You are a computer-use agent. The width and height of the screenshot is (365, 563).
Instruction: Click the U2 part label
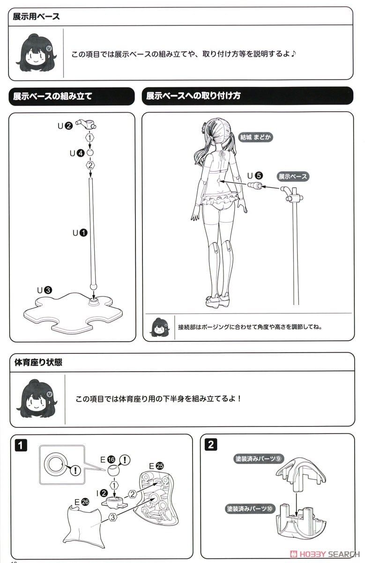tap(65, 125)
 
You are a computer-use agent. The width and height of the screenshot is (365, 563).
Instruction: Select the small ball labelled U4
tap(90, 152)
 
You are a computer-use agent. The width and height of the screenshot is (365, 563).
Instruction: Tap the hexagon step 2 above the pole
tap(90, 165)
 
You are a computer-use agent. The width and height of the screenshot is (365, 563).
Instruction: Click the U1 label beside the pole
tap(80, 233)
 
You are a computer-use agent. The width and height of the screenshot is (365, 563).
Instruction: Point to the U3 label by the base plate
tap(45, 290)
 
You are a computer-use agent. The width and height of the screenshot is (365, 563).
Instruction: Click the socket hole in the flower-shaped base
tap(94, 300)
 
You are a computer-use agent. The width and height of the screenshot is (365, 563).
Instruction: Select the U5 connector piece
tap(254, 186)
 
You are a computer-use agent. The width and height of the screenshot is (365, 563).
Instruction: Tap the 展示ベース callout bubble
tap(293, 176)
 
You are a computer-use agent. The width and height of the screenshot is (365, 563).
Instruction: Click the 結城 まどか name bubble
tap(255, 137)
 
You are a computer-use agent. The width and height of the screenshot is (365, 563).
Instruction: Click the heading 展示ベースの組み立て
tap(52, 96)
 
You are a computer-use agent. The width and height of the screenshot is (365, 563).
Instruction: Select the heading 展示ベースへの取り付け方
tap(194, 96)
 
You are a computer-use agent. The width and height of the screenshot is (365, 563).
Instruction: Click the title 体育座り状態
tap(38, 362)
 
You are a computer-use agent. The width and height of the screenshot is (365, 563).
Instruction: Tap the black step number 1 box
tap(21, 445)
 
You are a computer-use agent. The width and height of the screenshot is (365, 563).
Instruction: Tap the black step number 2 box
tap(211, 445)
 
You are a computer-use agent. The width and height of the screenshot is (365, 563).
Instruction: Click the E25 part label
tap(156, 466)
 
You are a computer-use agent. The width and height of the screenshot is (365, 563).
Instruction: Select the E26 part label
tap(82, 502)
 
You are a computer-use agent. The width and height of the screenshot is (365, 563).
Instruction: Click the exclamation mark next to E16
tap(125, 460)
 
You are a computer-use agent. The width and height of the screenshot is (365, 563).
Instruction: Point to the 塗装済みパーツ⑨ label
tap(259, 459)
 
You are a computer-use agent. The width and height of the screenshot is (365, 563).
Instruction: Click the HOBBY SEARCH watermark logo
tap(325, 554)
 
